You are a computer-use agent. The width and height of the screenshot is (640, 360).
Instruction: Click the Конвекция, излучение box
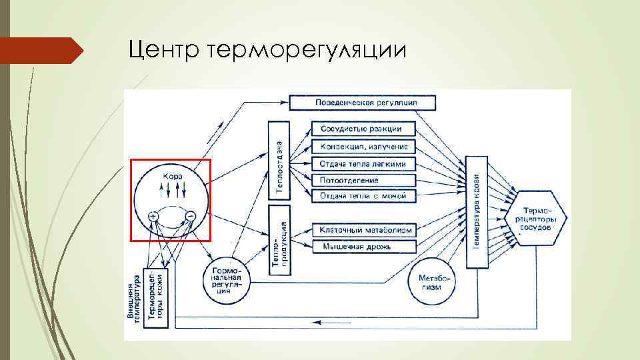click(x=363, y=146)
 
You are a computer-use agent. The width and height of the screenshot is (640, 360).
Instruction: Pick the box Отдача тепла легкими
click(x=363, y=163)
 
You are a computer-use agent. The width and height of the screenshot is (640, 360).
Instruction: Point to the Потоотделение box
click(x=363, y=180)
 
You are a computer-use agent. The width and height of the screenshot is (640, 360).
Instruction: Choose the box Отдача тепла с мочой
click(x=363, y=196)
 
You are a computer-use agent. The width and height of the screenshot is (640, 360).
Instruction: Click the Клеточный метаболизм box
click(x=363, y=230)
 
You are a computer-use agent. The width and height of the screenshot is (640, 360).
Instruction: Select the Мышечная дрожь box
click(x=363, y=247)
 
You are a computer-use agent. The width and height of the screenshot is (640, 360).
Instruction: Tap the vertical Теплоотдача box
click(x=279, y=160)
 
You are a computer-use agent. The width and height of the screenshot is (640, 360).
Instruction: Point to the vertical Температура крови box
click(x=477, y=212)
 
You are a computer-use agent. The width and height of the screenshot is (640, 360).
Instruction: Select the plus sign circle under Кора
click(x=153, y=216)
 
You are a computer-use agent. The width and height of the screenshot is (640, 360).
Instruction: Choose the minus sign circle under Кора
click(x=190, y=216)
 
